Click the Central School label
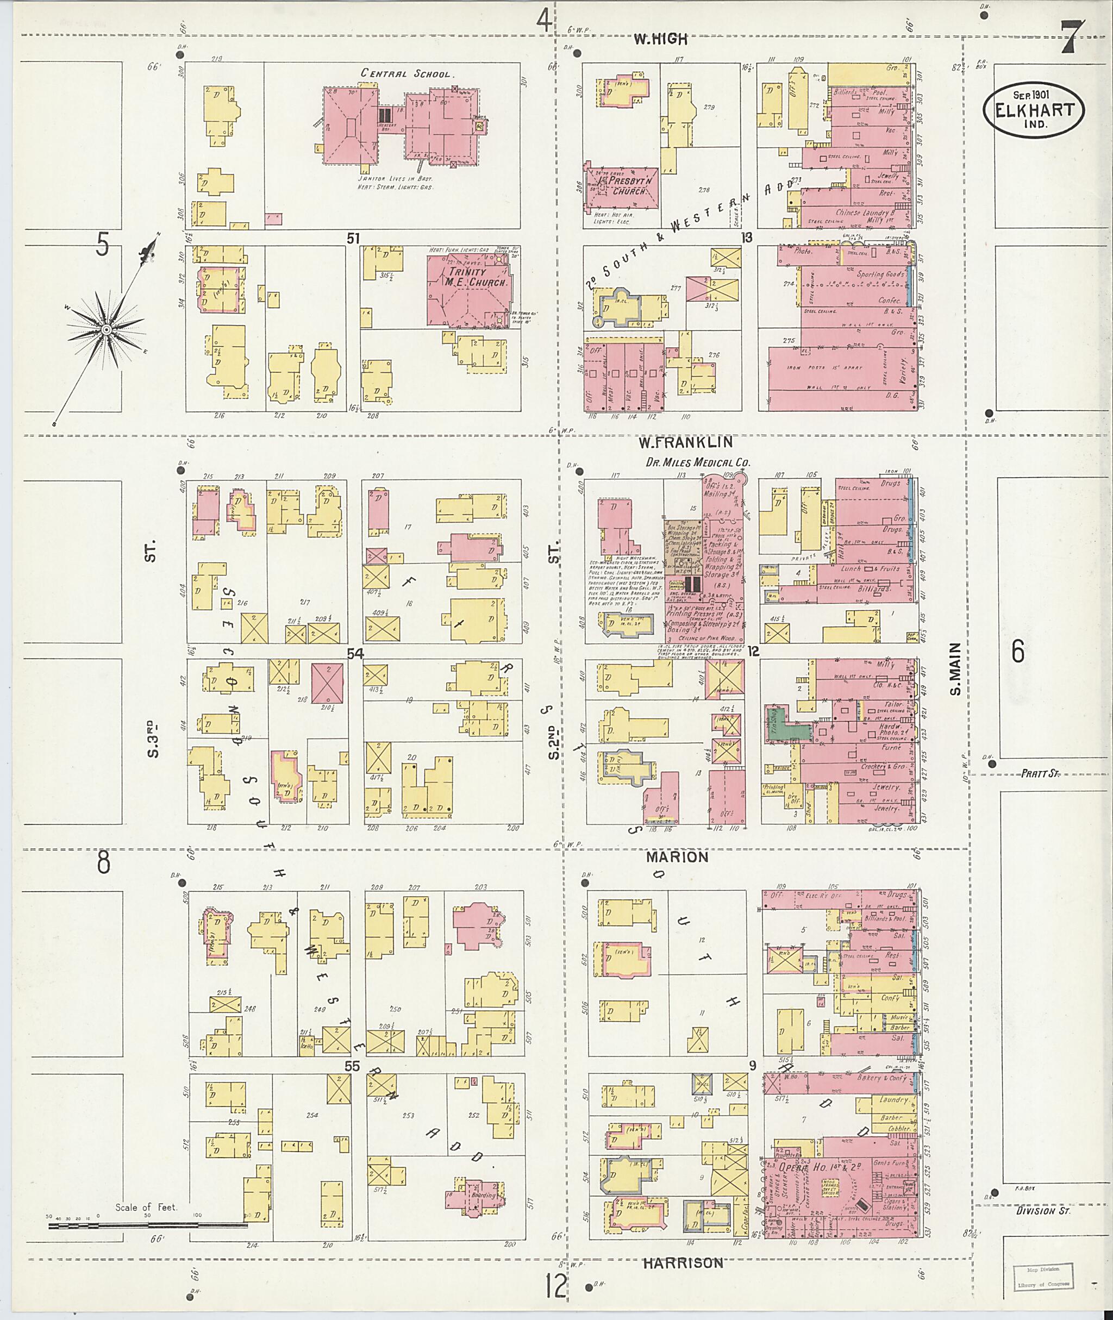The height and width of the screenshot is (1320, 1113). coord(407,74)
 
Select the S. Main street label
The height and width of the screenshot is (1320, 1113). coord(955,669)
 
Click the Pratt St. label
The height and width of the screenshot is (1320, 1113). coord(1040,772)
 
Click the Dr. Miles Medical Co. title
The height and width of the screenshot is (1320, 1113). coord(698,462)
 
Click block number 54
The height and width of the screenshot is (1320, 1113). coord(355,654)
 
